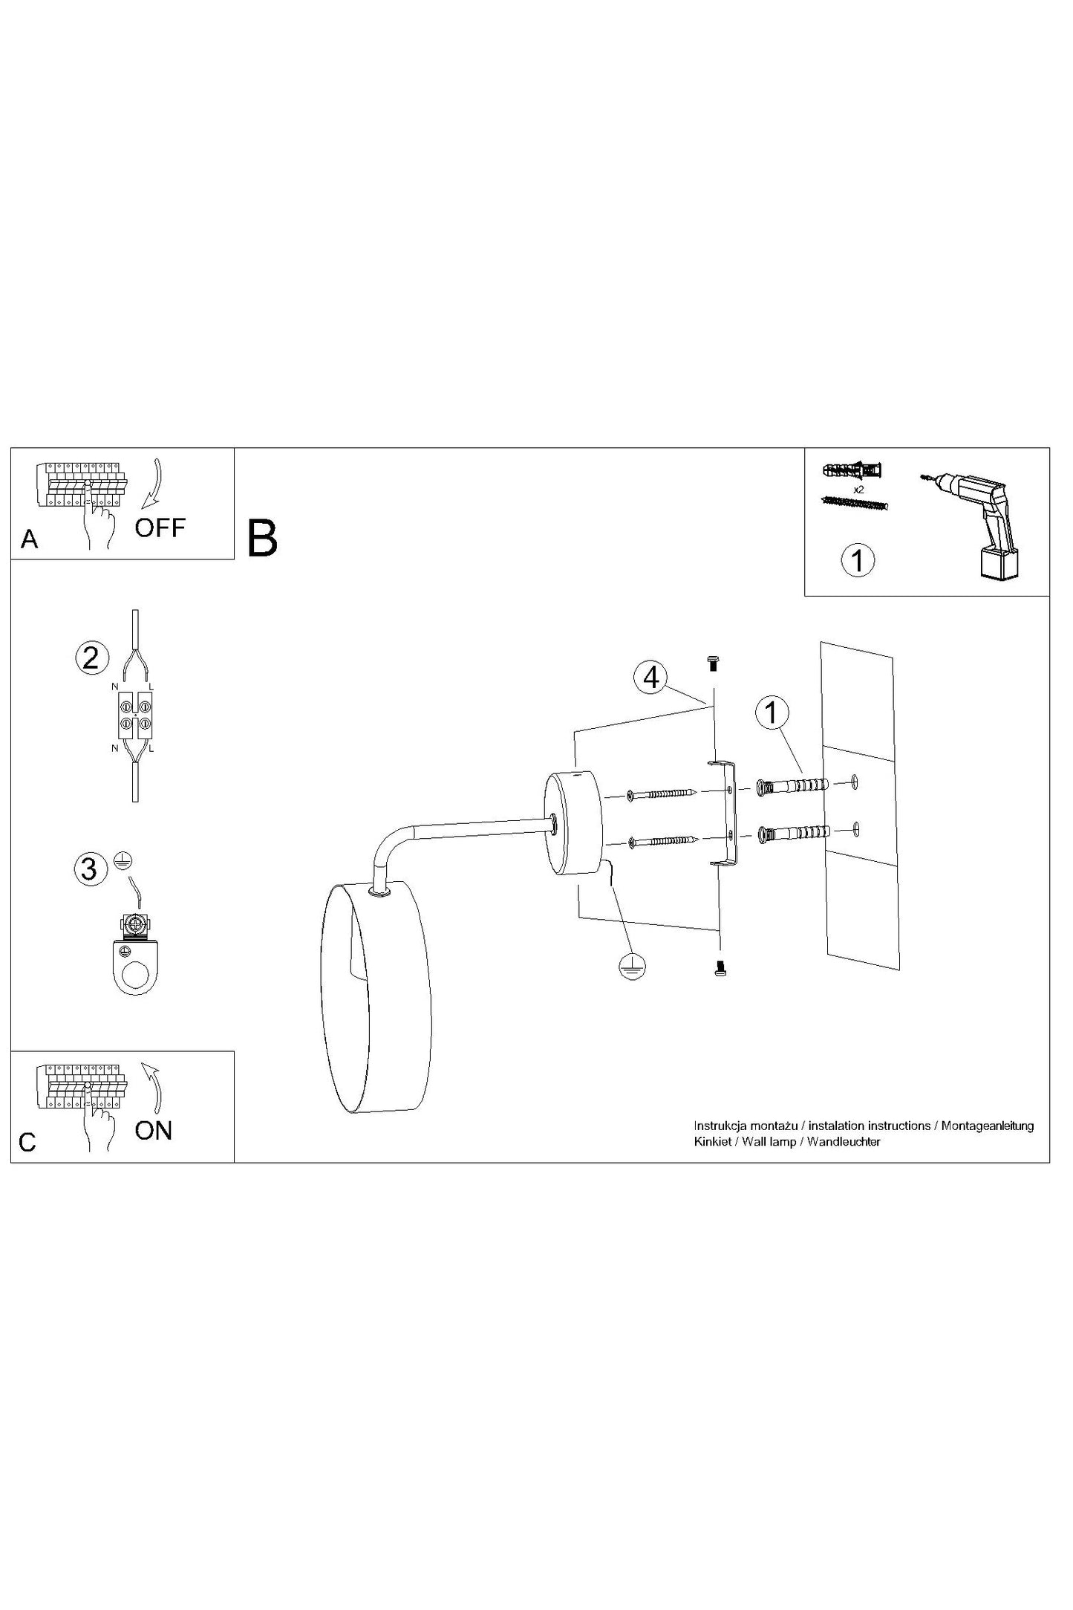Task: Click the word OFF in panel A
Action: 160,528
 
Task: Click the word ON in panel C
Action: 154,1131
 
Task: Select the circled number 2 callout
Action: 91,658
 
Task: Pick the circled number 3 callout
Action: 90,869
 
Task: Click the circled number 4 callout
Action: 651,678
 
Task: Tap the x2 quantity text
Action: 858,490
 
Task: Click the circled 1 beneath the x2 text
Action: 858,560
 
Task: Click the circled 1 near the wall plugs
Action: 772,713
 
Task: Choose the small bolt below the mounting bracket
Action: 718,969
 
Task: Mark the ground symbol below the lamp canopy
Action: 632,965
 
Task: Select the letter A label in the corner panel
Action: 29,539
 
